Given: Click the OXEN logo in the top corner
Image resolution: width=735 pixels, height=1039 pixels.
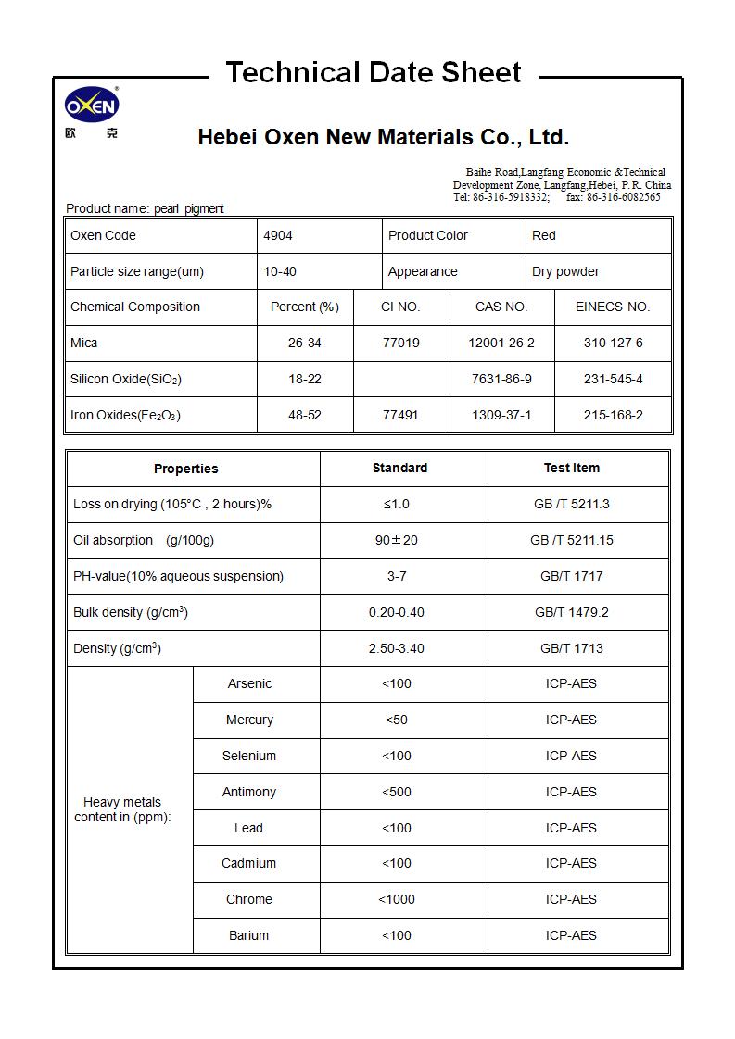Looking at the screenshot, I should (x=91, y=107).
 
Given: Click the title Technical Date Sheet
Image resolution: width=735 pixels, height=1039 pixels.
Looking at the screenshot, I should (x=374, y=72).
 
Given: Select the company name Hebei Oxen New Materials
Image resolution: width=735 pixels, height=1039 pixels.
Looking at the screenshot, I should (x=384, y=138).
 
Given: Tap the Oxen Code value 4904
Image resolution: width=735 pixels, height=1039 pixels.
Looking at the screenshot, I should (x=278, y=235).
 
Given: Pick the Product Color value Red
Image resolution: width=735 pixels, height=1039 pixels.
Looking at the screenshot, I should (x=544, y=235).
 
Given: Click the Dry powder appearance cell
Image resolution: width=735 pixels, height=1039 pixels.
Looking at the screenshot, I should (x=565, y=271).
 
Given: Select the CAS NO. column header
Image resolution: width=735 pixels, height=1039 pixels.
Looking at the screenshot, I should (x=501, y=307).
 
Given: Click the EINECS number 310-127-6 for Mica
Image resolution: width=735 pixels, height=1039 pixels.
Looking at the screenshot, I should (x=613, y=343).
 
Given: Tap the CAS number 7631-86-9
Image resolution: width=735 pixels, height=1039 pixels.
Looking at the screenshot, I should (x=501, y=379).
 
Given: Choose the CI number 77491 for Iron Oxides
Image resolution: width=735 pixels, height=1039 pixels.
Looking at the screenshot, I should (x=400, y=415).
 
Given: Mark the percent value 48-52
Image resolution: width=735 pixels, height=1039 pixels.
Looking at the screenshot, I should (x=304, y=415).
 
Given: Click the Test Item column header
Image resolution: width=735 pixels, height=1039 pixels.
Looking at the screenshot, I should (x=571, y=468).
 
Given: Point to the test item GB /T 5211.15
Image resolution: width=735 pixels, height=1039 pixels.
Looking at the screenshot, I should (x=571, y=540).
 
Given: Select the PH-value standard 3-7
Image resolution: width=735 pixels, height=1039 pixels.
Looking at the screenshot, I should (x=397, y=576).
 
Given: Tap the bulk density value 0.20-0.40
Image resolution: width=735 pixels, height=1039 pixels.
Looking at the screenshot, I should (x=397, y=612).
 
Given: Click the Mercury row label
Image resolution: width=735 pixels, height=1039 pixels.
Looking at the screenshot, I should (x=249, y=720).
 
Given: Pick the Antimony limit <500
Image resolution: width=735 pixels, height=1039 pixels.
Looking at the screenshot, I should (x=397, y=792).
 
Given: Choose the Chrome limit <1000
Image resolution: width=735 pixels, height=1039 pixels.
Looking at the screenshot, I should (x=397, y=899).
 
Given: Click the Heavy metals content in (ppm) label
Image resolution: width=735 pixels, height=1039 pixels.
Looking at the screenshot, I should (x=122, y=809).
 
